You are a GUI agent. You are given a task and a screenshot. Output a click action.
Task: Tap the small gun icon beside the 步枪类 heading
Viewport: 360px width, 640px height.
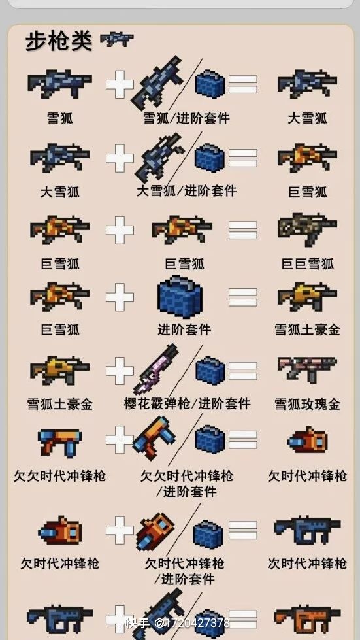[117, 40]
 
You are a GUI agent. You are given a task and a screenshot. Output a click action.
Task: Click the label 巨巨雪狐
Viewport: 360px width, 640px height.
[308, 263]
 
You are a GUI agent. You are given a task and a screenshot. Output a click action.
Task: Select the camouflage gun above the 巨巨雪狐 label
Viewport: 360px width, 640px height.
[307, 229]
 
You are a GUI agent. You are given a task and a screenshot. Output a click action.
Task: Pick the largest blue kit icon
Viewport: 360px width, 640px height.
[180, 296]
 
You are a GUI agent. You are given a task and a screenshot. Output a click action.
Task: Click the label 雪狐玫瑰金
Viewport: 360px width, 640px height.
[308, 404]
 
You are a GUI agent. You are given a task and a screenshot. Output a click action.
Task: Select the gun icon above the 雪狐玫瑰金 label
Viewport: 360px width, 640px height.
[307, 370]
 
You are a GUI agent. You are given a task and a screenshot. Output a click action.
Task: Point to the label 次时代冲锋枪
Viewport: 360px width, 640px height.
[308, 564]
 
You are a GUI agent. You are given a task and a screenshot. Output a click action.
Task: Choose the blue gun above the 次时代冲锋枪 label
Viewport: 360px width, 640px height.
[307, 530]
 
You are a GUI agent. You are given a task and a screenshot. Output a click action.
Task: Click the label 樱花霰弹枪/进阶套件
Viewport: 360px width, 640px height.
[187, 403]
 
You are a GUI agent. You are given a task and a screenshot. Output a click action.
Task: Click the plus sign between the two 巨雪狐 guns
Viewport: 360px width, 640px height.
[120, 230]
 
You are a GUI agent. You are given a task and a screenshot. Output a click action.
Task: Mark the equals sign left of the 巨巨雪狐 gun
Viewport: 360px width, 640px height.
[243, 230]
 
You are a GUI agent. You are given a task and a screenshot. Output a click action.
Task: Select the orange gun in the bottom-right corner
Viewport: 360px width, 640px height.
[307, 619]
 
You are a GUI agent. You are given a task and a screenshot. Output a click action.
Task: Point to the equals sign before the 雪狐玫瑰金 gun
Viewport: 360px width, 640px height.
[243, 370]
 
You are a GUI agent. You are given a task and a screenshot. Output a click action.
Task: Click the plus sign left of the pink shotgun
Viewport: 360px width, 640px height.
[120, 371]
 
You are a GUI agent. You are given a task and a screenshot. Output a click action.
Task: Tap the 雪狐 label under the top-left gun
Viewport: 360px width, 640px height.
[60, 118]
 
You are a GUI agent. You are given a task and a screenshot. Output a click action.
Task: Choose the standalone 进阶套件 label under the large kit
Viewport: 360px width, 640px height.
[184, 329]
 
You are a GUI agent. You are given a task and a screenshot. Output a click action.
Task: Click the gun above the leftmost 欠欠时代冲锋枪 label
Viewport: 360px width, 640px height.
[60, 443]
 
